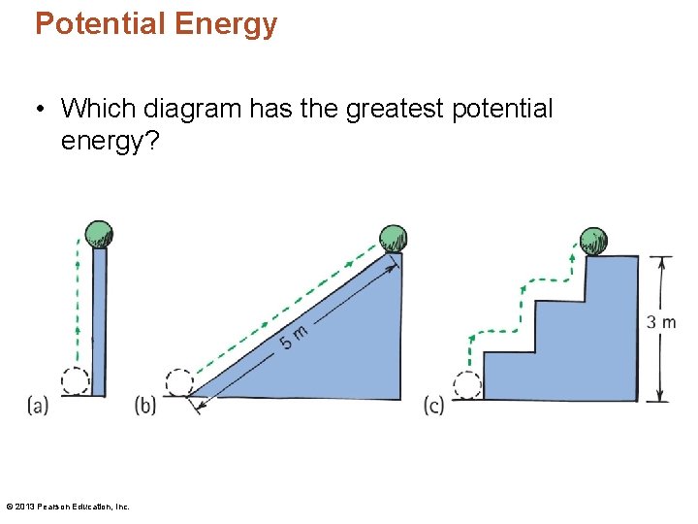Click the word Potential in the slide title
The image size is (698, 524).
point(101,23)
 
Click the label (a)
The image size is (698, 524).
point(39,405)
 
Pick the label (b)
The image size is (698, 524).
point(145,405)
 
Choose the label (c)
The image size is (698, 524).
point(433,405)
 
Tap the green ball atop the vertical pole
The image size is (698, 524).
point(98,234)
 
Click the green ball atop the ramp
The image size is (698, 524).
point(393,238)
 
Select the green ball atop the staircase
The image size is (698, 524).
point(592,240)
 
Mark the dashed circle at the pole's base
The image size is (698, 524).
point(75,381)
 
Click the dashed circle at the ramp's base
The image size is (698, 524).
point(178,382)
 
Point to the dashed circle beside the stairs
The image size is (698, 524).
point(467,385)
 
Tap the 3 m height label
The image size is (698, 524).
point(661,322)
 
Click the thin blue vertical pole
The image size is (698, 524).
point(99,320)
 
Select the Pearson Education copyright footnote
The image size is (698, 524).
point(68,506)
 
